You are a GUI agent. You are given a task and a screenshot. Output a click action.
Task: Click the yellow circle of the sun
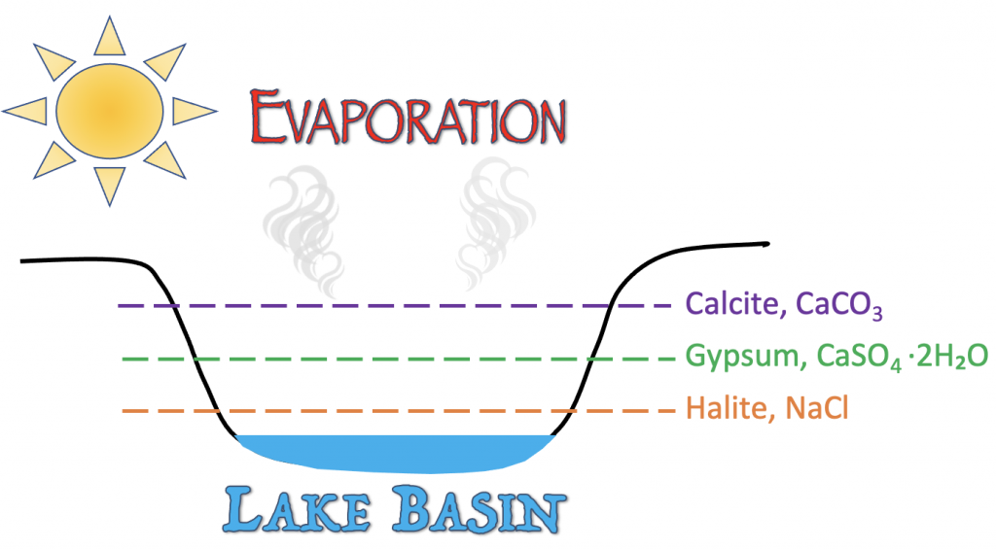110,111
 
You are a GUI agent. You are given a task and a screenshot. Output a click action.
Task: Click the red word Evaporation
408,118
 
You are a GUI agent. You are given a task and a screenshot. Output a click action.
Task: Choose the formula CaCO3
839,305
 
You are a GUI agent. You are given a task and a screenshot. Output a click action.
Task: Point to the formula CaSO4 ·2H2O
902,357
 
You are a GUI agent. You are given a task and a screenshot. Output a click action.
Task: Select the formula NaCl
817,408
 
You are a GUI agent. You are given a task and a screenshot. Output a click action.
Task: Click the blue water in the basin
395,453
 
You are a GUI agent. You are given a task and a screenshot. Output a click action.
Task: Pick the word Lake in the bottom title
296,508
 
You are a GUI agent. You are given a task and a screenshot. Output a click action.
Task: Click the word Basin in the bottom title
479,508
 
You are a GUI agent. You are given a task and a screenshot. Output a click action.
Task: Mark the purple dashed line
395,306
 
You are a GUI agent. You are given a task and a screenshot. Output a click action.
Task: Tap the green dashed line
398,360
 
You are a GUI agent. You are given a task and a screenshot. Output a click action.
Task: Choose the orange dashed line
398,411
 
